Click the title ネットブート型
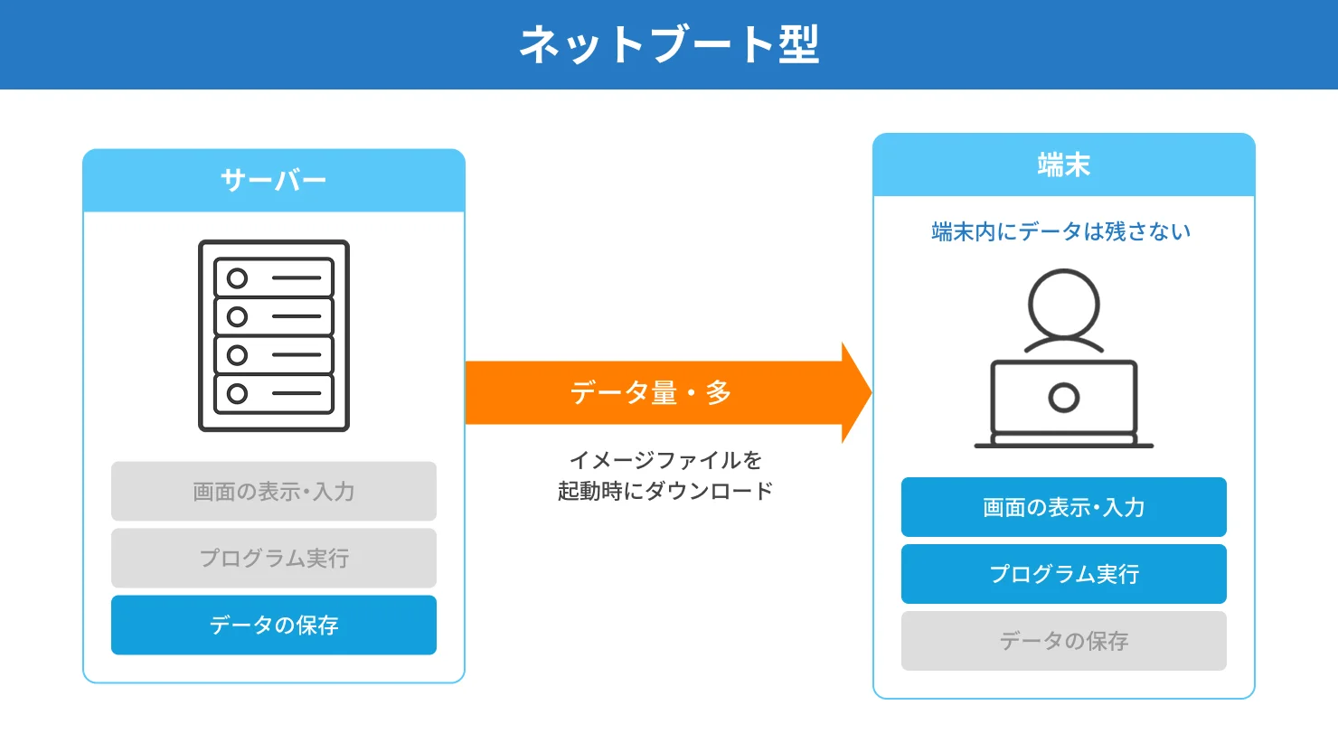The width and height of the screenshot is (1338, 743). (669, 44)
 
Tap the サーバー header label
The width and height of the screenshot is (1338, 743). (273, 181)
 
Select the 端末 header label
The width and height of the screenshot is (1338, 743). (1063, 165)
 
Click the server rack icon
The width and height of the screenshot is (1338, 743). (274, 335)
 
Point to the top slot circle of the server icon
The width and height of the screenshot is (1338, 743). (237, 278)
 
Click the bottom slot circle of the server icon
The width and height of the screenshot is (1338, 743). (237, 394)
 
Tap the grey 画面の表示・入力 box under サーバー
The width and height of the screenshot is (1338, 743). (273, 492)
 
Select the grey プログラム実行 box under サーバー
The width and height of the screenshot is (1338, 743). (273, 559)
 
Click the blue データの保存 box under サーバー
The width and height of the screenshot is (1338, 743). (273, 625)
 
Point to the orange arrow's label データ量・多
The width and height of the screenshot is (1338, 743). (651, 392)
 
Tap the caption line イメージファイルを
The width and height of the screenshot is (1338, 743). (665, 460)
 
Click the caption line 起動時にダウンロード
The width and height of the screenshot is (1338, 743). (665, 491)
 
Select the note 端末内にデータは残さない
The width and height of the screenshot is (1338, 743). (1061, 232)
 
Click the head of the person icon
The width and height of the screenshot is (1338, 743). (1064, 304)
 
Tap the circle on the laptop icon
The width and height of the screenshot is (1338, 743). (1064, 398)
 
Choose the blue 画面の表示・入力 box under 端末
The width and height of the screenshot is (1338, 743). (1063, 507)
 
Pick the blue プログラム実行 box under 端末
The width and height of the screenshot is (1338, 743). (1063, 574)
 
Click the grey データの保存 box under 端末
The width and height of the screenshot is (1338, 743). (1063, 641)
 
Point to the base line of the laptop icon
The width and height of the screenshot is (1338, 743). (1063, 445)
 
